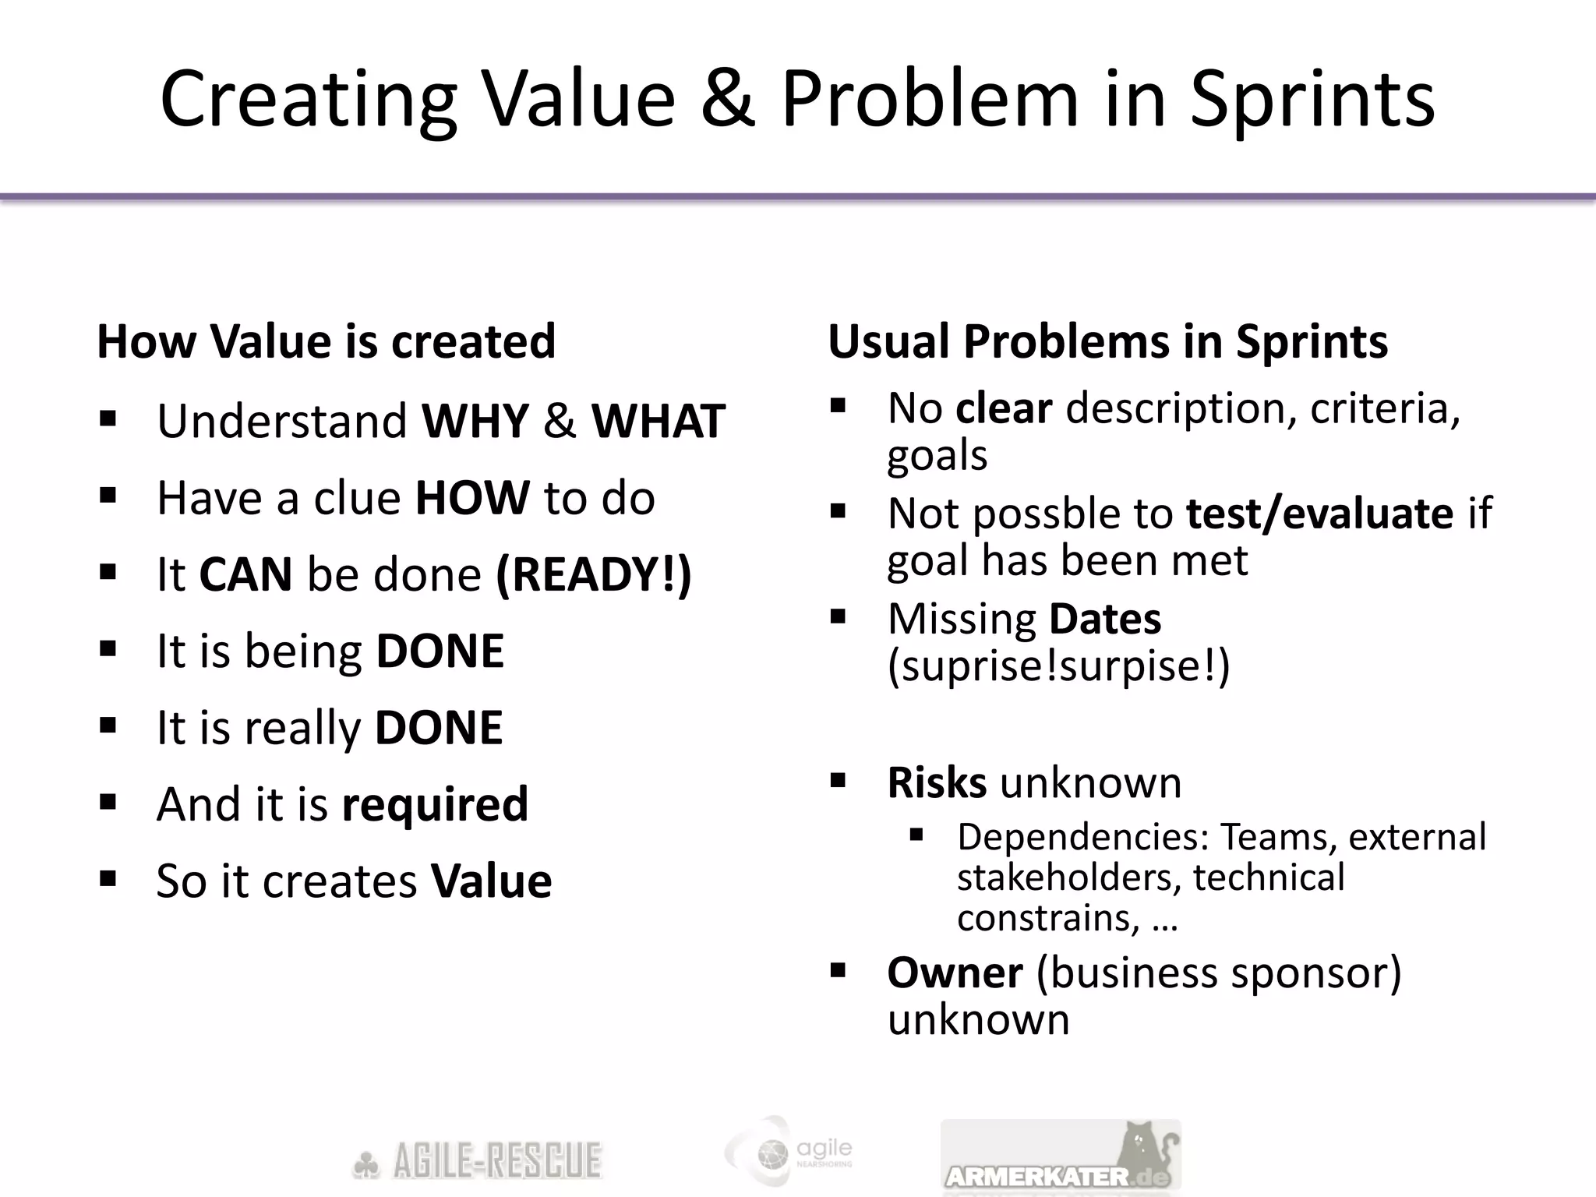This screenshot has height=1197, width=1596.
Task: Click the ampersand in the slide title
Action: coord(728,100)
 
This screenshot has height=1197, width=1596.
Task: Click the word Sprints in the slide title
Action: coord(1312,100)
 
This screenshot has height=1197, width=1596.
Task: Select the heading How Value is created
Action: coord(326,341)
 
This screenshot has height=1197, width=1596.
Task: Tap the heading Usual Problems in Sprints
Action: coord(1107,341)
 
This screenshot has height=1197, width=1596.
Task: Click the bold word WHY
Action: coord(475,422)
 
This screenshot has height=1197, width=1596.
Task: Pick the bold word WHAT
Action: coord(659,422)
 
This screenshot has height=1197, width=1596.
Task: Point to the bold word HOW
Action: coord(472,498)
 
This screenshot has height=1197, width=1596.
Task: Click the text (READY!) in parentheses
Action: coord(594,574)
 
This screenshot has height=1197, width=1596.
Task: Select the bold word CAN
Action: coord(245,574)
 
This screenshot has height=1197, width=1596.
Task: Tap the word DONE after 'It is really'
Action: coord(439,728)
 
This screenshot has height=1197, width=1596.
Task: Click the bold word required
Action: coord(435,804)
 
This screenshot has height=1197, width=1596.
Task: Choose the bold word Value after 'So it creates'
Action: coord(491,881)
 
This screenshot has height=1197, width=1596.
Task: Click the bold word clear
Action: coord(1004,408)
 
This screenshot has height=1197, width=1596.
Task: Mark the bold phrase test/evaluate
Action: coord(1319,514)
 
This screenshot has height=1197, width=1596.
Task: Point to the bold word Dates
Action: coord(1105,619)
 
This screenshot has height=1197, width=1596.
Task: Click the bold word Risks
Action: coord(937,782)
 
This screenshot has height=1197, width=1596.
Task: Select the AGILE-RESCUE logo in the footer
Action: coord(477,1161)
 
